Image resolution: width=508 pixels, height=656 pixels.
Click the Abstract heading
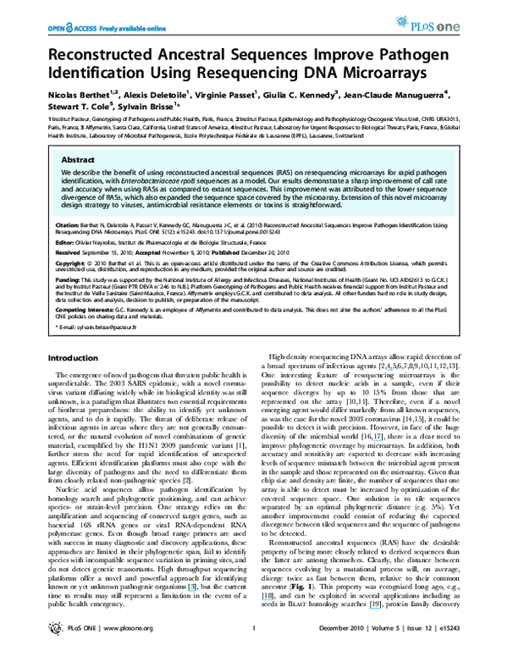point(79,158)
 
